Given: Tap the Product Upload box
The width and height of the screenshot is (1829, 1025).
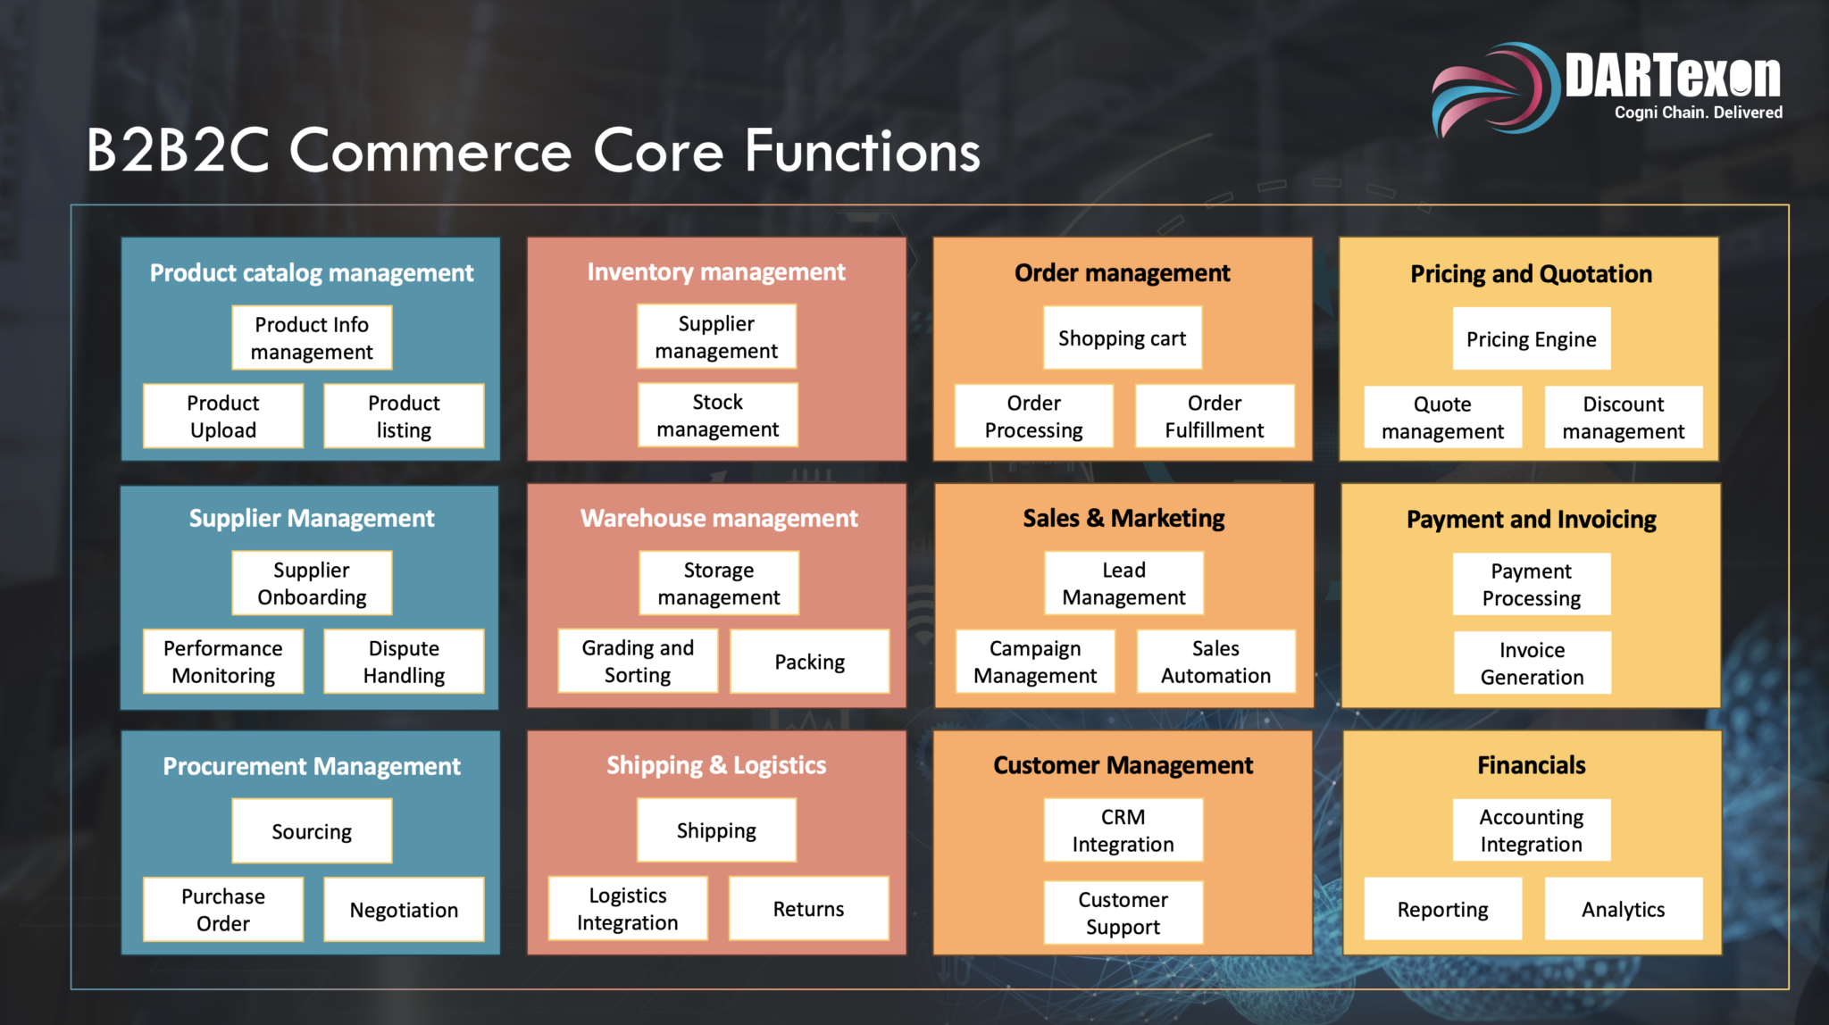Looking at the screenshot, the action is pos(223,416).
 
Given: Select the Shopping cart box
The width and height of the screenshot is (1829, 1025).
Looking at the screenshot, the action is pos(1123,338).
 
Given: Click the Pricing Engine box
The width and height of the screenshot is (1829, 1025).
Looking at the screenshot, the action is pos(1532,339).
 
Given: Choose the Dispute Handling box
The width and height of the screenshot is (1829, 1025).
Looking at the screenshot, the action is pos(404,662).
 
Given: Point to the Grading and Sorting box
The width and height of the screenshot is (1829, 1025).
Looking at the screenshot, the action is pos(638,661).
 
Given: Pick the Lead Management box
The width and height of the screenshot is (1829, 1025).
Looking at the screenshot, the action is pos(1124,583).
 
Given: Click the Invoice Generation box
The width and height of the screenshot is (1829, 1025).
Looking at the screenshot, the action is pos(1533,663).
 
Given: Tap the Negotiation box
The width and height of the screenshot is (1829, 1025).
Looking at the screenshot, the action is pos(404,910).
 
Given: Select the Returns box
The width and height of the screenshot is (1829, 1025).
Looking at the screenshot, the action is pos(809,909).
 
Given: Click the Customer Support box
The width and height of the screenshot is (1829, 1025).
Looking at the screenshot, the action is pos(1123,912).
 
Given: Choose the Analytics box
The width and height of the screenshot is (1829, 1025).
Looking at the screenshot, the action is pos(1624,909).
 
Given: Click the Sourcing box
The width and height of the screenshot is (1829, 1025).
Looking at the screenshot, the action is pos(312,831).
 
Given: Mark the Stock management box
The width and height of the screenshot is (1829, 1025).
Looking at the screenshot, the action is pos(718,415).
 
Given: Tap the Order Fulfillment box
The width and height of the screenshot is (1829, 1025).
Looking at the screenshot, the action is pos(1215,416).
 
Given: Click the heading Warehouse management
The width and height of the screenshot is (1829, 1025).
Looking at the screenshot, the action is pos(719,518).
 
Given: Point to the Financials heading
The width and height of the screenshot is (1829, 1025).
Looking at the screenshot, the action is pos(1532,765).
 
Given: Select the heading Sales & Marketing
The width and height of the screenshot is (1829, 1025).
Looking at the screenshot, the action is pos(1123,518).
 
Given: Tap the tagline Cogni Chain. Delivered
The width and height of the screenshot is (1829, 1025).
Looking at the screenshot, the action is pos(1699,112).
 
